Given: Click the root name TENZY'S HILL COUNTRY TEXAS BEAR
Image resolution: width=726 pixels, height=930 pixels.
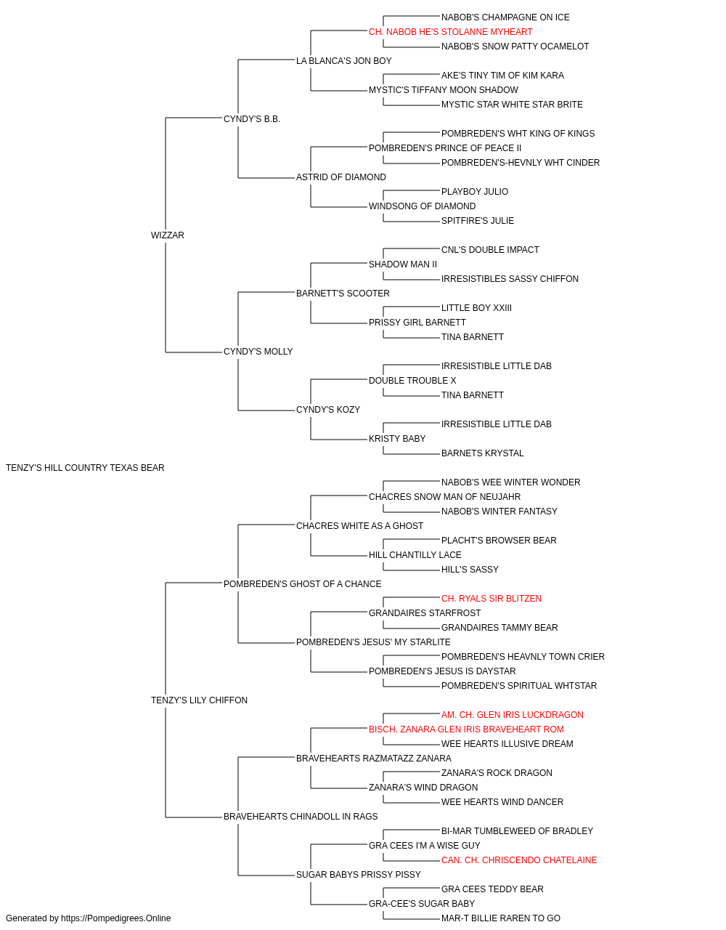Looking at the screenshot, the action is [85, 468].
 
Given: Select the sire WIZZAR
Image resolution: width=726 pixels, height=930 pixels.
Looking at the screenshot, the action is [167, 235].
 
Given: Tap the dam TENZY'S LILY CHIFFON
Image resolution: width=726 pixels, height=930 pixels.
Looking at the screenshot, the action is [199, 700].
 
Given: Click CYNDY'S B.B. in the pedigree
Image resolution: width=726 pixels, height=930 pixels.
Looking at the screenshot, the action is [251, 119].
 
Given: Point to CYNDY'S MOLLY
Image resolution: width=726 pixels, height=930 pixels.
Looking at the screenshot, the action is [258, 352].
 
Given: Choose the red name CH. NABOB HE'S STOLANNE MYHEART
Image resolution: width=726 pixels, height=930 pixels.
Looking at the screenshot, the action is [450, 32].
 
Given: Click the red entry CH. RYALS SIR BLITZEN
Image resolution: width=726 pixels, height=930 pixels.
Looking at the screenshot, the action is [491, 598].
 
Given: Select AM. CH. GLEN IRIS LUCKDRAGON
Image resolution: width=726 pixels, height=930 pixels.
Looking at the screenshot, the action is [512, 715].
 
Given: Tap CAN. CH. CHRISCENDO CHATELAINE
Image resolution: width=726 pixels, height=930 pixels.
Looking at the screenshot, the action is [518, 860].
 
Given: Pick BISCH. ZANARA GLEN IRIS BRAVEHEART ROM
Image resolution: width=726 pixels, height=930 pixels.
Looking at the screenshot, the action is [466, 729].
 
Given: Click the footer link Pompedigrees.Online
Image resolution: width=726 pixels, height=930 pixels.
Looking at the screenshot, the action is [115, 918].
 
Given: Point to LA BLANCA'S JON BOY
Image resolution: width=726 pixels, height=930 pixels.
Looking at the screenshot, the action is [343, 61].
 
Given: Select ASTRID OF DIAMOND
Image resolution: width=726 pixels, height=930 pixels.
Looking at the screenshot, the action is [340, 177].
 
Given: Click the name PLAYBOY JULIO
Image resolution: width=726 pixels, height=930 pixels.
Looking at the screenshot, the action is [475, 192].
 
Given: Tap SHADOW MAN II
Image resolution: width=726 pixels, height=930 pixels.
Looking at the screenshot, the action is [402, 264].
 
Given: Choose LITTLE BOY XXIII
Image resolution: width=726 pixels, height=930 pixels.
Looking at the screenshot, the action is [476, 308].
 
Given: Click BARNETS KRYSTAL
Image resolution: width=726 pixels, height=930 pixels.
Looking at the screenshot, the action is [482, 453].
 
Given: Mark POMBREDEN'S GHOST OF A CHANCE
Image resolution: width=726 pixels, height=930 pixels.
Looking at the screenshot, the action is [302, 583].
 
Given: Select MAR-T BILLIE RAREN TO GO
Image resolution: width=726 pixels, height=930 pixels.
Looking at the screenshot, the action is [501, 918].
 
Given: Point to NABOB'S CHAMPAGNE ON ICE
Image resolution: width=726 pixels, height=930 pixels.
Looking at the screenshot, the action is [505, 17].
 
